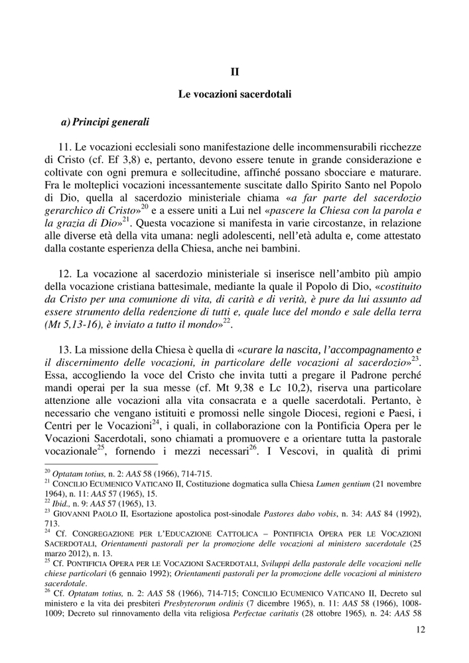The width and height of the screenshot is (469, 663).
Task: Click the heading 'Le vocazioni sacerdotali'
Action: (x=235, y=95)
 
